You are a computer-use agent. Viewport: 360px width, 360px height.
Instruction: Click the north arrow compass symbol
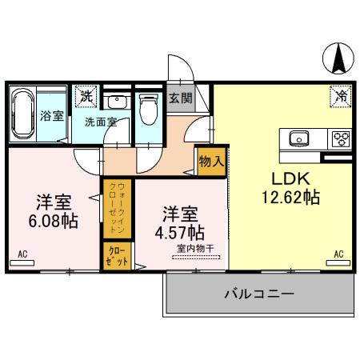click(338, 58)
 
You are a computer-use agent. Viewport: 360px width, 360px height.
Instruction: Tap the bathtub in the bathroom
click(23, 114)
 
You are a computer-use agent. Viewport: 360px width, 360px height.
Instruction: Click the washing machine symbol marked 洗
click(86, 96)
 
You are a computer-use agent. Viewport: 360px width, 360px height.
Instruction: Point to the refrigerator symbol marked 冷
click(341, 96)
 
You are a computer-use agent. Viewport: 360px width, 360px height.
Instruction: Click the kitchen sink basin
click(299, 138)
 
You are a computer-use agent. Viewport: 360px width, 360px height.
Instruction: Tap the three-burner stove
click(342, 139)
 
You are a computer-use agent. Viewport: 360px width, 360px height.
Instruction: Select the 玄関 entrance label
click(181, 98)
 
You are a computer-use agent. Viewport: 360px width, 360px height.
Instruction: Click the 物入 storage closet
click(212, 162)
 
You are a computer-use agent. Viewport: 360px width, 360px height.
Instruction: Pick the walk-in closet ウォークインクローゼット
click(117, 209)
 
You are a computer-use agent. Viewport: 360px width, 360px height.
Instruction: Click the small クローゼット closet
click(117, 256)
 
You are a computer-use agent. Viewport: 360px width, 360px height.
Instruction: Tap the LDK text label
click(290, 179)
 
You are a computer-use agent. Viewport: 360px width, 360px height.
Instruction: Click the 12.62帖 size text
click(290, 198)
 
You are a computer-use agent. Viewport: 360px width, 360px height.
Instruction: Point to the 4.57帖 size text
click(180, 233)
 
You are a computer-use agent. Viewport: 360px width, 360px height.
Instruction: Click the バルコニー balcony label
click(259, 294)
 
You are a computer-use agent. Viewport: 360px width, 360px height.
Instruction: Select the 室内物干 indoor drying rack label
click(195, 249)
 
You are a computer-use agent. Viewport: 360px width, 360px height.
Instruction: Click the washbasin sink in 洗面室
click(117, 102)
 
